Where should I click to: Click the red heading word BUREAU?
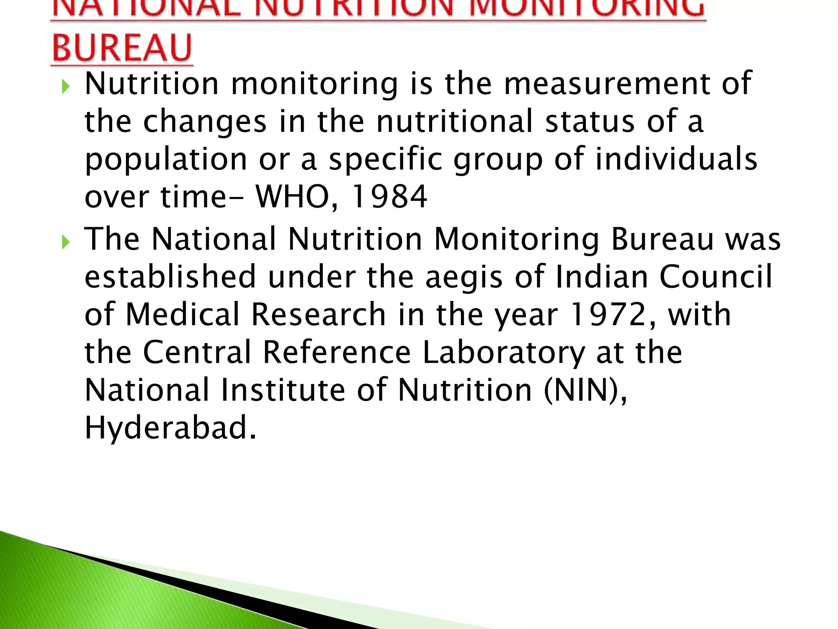coord(122,48)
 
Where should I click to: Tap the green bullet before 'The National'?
coord(65,242)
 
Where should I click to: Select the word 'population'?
coord(166,160)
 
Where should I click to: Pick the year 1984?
coord(389,197)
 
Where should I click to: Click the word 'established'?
coord(170,277)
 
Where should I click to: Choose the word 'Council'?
coord(716,277)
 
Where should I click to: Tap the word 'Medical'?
coord(182,314)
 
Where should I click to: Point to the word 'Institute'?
coord(283,390)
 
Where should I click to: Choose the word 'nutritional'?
coord(454,122)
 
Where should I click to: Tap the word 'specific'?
coord(386,160)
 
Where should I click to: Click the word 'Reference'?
coord(337,353)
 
